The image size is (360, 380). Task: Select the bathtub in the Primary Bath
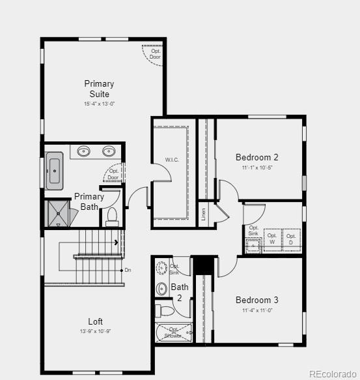[x=54, y=173]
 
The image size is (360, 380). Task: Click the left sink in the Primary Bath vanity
[x=84, y=152]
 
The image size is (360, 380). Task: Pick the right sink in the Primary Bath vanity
[x=109, y=152]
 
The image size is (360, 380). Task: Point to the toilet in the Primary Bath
[x=111, y=215]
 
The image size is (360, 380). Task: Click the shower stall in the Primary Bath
[x=58, y=214]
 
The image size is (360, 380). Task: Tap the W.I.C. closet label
[x=172, y=160]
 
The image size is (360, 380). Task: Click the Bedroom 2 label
[x=256, y=157]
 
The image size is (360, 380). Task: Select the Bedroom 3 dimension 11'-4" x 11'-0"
[x=256, y=311]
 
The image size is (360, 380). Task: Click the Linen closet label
[x=204, y=214]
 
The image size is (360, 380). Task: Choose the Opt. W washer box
[x=272, y=240]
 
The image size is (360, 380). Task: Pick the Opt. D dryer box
[x=291, y=240]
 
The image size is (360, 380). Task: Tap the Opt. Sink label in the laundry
[x=253, y=231]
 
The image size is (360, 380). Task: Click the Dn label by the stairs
[x=128, y=270]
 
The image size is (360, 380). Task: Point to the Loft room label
[x=96, y=321]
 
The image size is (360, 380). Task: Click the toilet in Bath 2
[x=165, y=311]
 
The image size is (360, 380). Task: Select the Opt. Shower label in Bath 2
[x=174, y=333]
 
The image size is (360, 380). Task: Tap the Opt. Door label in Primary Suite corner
[x=155, y=53]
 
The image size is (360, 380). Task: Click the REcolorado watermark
[x=333, y=373]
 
